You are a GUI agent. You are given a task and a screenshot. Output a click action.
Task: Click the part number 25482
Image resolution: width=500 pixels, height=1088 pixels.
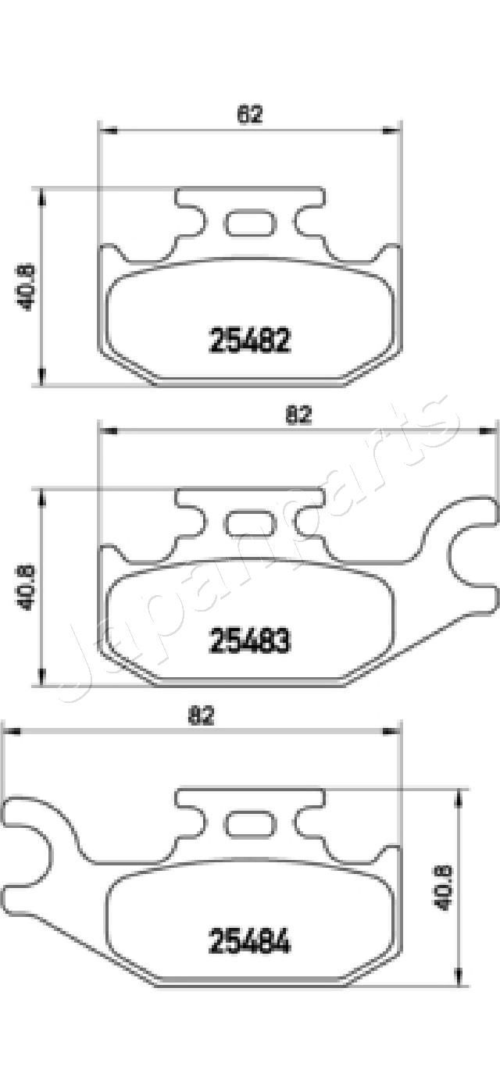pos(249,341)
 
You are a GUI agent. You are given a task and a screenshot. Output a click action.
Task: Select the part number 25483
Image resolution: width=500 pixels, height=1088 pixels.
pos(249,641)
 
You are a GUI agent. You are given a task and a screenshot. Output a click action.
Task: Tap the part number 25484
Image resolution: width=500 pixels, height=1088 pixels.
pos(249,941)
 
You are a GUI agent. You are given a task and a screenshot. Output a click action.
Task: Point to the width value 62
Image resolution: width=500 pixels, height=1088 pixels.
pos(249,115)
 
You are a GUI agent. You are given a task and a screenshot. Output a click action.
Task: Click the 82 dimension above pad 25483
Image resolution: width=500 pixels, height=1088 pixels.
pos(298,416)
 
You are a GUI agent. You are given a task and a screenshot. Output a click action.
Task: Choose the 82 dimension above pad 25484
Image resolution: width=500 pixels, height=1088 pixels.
pos(202,715)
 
